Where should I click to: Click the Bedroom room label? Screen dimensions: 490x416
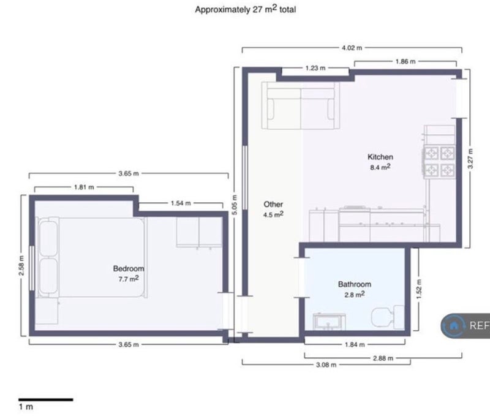(129, 268)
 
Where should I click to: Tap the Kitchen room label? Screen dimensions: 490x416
(380, 157)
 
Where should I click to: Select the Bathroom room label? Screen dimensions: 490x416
(355, 284)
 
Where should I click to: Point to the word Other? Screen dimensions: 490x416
(273, 205)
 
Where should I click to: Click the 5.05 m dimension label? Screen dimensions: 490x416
(235, 205)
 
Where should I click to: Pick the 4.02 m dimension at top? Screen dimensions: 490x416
(352, 48)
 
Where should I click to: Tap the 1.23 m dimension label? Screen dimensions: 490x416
(315, 68)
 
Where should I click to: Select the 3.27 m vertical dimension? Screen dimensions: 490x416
(470, 159)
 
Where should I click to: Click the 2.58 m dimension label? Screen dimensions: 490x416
(21, 266)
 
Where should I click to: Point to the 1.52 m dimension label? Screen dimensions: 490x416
(419, 289)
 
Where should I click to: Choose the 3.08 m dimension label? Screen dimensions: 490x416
(326, 365)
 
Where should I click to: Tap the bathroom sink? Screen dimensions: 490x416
(330, 322)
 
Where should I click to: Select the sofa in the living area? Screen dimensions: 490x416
(301, 105)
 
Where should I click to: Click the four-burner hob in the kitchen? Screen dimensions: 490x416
(439, 162)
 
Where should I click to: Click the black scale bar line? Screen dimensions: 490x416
(45, 399)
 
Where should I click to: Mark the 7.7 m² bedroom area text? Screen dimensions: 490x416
(129, 279)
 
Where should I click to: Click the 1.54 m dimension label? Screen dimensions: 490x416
(181, 203)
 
